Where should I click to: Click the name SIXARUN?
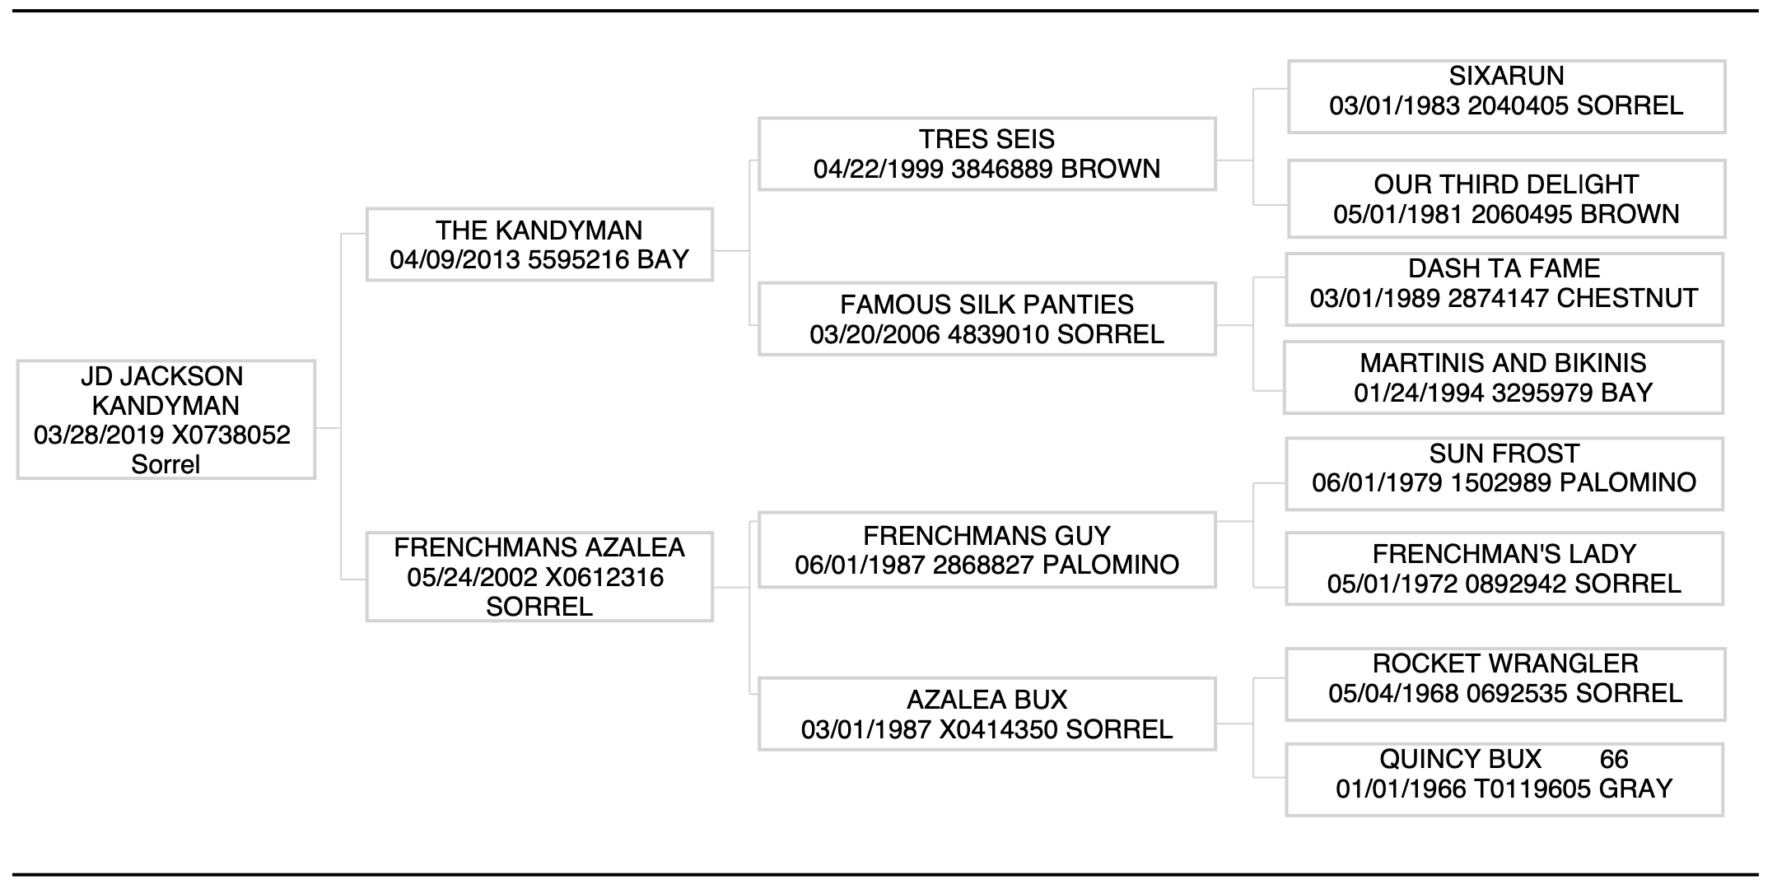1506,76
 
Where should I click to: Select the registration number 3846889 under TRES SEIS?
1001,169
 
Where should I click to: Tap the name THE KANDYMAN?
539,230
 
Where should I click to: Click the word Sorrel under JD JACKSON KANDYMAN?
166,464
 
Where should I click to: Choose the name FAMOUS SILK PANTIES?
986,305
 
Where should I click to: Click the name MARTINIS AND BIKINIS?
1503,363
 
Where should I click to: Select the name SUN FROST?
1504,454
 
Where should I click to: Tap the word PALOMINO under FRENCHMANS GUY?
1110,565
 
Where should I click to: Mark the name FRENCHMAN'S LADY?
1504,554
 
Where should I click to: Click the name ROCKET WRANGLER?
1504,663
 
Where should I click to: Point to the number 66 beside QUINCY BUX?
1614,759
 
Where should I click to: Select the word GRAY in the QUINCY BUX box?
1635,789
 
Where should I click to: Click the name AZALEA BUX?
986,700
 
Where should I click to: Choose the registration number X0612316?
604,577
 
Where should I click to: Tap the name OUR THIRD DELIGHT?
1505,184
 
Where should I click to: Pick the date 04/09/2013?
455,260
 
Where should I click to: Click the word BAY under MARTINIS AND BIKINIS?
1626,393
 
